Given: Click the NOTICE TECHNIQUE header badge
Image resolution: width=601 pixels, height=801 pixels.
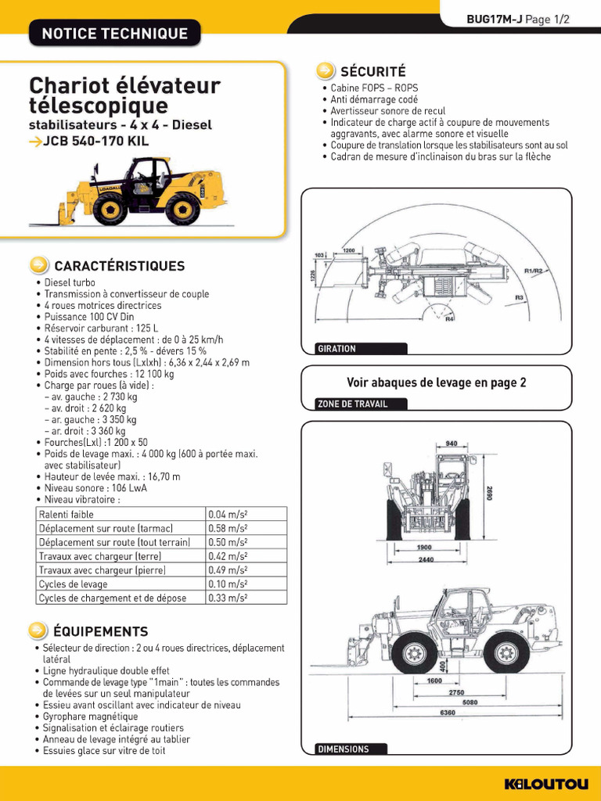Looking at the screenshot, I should coord(114,34).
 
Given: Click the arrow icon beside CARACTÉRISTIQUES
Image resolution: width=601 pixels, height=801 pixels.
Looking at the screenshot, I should coord(38,265).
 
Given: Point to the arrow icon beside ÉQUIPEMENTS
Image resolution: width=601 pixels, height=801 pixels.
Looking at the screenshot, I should coord(38,630).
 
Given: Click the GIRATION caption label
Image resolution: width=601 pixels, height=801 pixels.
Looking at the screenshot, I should coord(336,349).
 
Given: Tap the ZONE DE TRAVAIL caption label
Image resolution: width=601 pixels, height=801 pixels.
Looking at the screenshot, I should coord(352,404).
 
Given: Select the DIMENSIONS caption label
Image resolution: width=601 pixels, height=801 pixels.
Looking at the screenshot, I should coord(343,749).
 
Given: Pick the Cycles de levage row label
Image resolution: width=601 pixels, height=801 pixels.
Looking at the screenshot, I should coord(74,584).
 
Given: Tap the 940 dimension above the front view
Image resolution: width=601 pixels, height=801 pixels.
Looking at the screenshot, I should coord(452,444).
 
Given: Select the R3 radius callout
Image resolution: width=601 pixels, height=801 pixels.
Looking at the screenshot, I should coord(519,298).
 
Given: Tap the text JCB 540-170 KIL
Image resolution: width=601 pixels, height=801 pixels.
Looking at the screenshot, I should coord(96,142).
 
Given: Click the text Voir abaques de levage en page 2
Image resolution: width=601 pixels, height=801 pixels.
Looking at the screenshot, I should coord(437,383).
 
